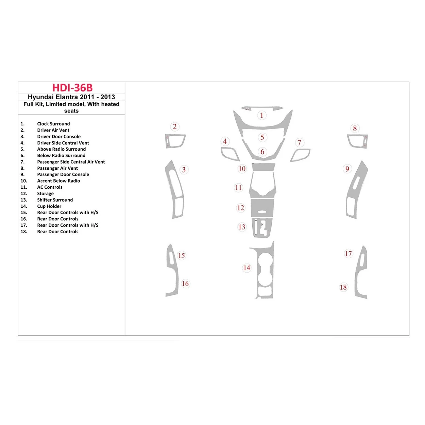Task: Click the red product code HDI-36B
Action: (72, 88)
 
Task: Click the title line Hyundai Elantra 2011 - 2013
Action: (71, 97)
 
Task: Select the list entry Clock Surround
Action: (53, 124)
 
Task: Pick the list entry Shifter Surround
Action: (55, 200)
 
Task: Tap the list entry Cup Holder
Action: (49, 206)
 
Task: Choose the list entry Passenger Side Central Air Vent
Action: (71, 162)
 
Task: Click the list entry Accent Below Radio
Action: (58, 181)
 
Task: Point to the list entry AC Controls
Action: (50, 187)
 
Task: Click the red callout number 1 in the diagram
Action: (261, 115)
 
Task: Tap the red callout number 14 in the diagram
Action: (247, 268)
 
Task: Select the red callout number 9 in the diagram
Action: (347, 169)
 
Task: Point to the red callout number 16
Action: (185, 284)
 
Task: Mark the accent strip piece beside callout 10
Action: (263, 167)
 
